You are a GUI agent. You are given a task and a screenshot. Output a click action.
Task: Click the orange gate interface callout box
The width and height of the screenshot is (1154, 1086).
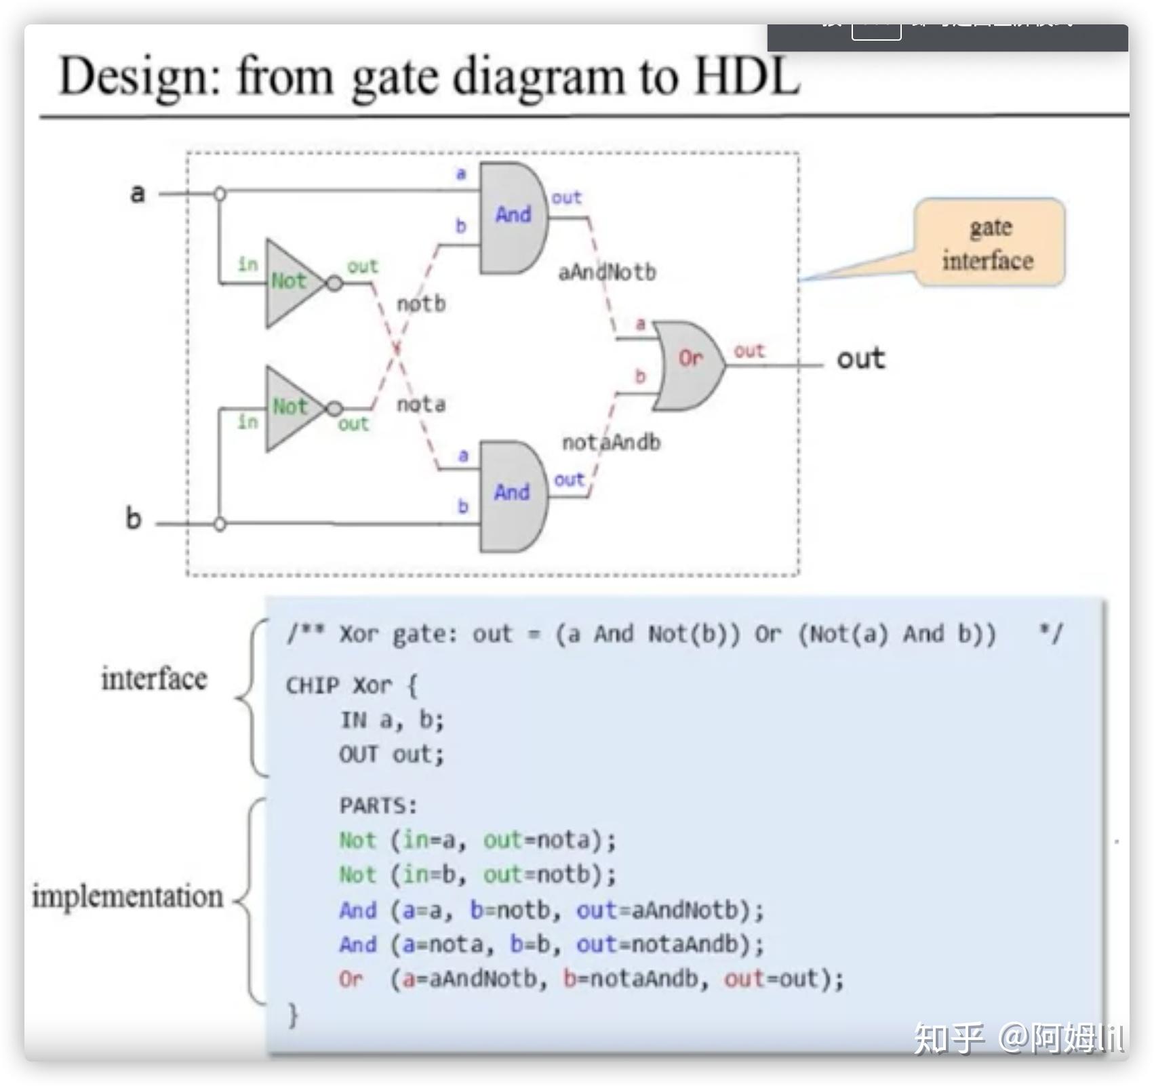[989, 243]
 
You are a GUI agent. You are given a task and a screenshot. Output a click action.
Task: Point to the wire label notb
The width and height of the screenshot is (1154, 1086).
[421, 304]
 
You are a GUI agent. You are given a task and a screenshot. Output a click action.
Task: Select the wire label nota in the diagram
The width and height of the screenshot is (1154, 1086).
[421, 405]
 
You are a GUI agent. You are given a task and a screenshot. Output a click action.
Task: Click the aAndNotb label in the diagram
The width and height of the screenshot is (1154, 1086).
[607, 273]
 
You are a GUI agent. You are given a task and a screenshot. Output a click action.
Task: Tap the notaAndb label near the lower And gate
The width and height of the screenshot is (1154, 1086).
[611, 443]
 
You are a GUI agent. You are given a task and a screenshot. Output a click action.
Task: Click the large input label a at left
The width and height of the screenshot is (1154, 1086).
[138, 193]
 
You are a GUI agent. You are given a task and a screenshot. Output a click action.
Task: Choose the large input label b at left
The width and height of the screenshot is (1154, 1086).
[134, 519]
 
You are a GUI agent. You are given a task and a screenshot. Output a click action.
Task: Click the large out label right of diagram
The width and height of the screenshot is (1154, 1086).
[860, 359]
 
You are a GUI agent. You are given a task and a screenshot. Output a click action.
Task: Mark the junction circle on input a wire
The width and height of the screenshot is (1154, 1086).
[220, 194]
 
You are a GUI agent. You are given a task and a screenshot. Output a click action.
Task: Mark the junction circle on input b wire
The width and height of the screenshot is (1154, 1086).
[220, 524]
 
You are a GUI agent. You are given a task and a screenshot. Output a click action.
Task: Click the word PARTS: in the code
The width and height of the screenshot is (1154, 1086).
[378, 805]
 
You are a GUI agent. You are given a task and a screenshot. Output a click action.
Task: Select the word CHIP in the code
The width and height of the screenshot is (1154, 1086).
[312, 685]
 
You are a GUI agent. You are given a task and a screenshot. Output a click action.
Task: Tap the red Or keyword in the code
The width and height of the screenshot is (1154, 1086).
[351, 979]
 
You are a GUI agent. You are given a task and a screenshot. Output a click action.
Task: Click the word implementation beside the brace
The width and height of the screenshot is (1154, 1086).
[127, 896]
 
